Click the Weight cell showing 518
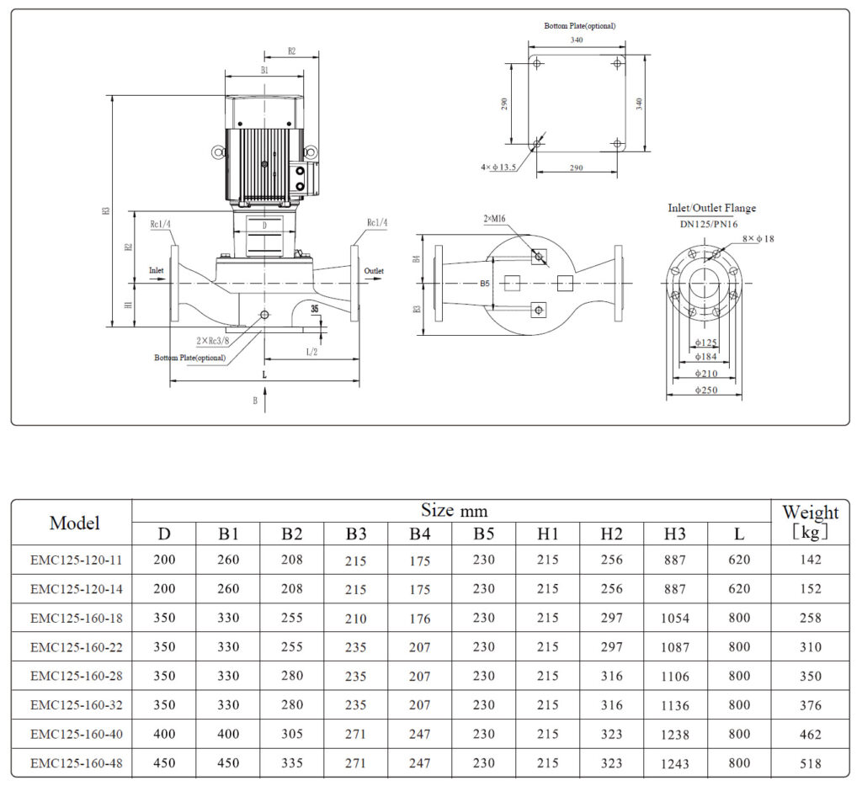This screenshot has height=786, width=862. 811,763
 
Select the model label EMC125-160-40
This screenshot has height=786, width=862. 76,734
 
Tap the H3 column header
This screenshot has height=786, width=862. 674,534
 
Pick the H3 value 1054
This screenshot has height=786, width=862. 674,618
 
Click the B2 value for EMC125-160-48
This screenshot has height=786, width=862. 291,763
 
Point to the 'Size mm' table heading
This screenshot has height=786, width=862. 454,511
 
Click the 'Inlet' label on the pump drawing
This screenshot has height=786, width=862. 157,270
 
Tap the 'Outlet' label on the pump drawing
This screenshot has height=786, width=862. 374,271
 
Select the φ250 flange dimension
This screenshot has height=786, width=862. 705,390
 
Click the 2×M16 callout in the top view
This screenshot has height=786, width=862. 493,219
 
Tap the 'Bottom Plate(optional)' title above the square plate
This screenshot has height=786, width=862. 579,26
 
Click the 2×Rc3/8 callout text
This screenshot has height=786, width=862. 212,341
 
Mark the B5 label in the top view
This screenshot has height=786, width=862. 485,284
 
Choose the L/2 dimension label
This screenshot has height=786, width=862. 311,350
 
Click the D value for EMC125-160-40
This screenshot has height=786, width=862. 164,734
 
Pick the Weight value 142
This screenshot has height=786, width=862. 811,560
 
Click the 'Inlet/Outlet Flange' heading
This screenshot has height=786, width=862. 711,208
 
